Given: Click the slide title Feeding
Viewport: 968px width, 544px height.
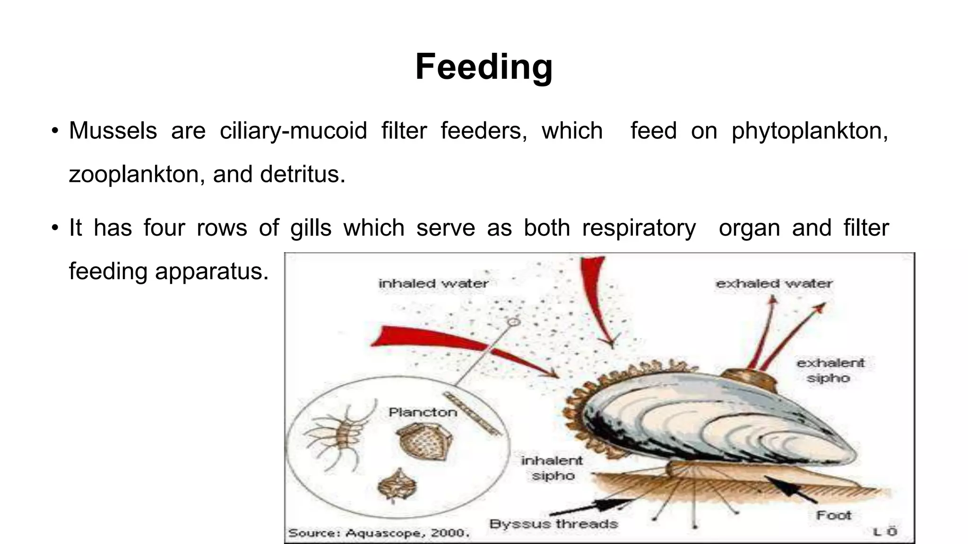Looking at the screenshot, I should tap(484, 67).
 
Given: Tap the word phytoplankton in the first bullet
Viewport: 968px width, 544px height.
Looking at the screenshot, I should tap(809, 131).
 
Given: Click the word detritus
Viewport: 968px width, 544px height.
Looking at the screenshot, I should tap(302, 174).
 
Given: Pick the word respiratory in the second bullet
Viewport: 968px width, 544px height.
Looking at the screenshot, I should tap(639, 228).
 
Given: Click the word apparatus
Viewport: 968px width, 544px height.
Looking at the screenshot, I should tap(212, 272).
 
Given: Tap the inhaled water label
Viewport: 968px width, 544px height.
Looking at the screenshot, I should tap(433, 283).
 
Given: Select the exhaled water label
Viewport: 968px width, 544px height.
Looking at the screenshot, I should tap(774, 284).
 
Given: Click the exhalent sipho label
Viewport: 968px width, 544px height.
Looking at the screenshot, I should tap(830, 370).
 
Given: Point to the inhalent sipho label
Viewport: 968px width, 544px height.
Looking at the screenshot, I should tap(552, 468).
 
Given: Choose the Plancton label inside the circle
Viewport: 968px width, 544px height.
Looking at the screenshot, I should tap(423, 412).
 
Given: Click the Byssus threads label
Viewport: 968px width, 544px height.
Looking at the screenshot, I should tap(553, 524).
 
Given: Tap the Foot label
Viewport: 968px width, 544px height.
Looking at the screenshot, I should tap(833, 515).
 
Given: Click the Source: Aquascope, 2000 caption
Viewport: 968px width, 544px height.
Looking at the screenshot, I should tap(379, 533).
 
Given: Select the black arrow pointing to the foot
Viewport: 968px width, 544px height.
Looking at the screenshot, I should tap(790, 489).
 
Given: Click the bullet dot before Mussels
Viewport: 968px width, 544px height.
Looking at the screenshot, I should tap(55, 131).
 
